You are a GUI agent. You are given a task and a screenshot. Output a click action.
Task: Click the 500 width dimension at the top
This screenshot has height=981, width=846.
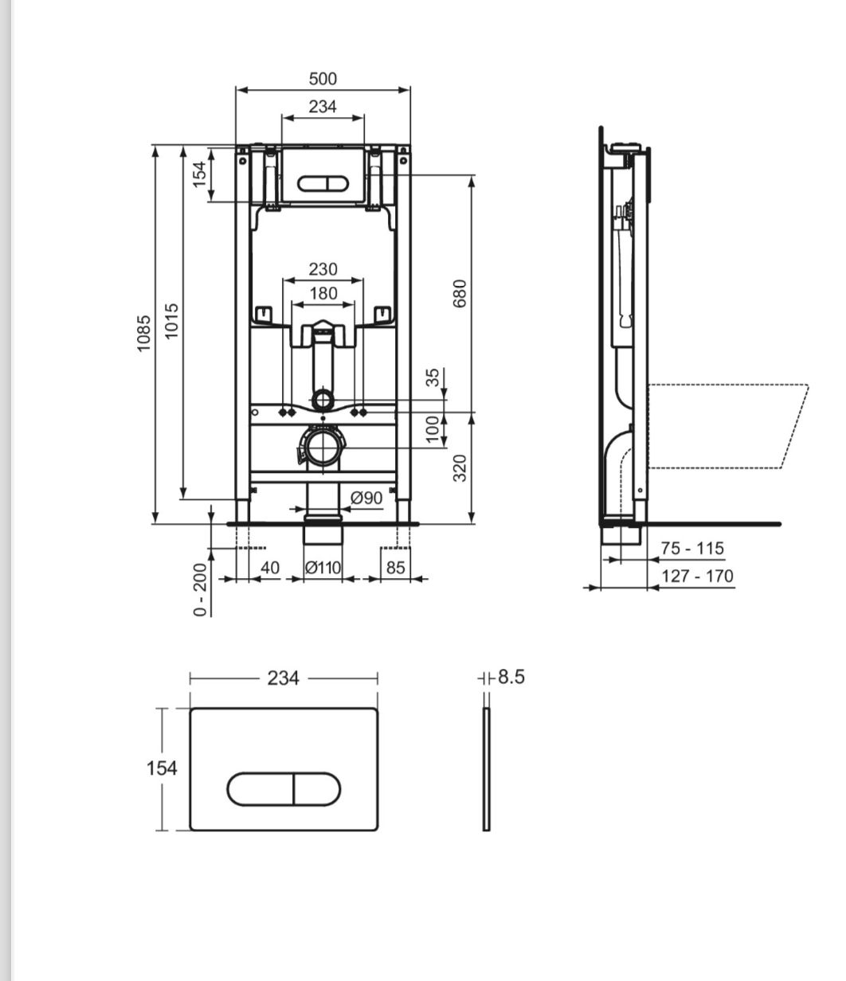pyautogui.click(x=323, y=79)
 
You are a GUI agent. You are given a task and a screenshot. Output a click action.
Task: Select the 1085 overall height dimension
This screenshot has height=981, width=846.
pyautogui.click(x=144, y=333)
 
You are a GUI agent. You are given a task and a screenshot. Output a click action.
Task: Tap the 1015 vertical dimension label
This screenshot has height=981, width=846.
pyautogui.click(x=171, y=321)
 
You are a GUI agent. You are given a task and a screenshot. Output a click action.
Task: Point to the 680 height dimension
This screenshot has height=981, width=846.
pyautogui.click(x=460, y=293)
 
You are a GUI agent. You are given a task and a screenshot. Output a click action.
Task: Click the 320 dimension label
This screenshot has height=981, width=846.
pyautogui.click(x=460, y=468)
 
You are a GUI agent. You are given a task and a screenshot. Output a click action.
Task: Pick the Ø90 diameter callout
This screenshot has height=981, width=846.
pyautogui.click(x=366, y=498)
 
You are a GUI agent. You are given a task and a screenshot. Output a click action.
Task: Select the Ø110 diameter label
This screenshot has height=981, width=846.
pyautogui.click(x=323, y=567)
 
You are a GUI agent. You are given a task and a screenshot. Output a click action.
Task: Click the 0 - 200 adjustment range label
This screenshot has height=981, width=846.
pyautogui.click(x=200, y=589)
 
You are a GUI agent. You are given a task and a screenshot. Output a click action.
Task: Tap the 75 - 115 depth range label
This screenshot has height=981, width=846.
pyautogui.click(x=693, y=548)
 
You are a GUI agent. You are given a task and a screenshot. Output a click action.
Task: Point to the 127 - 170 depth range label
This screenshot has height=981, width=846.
pyautogui.click(x=697, y=576)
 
